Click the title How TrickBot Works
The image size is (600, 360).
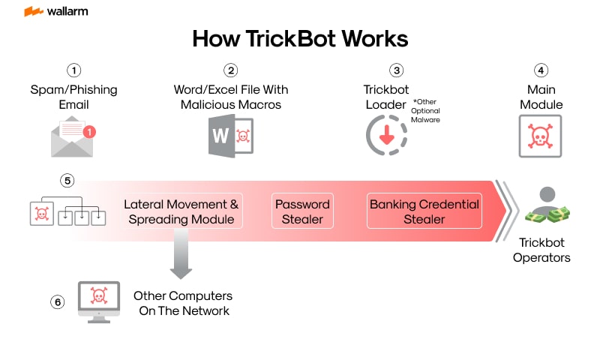tap(300, 39)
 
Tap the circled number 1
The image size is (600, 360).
tap(73, 70)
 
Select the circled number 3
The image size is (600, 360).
tap(396, 70)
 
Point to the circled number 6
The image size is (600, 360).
tap(58, 302)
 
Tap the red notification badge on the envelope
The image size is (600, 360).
tap(89, 132)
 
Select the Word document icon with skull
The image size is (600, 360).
tap(230, 137)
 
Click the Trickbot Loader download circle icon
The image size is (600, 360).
tap(386, 136)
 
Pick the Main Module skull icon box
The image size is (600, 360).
tap(541, 136)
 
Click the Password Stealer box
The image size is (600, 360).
tap(301, 211)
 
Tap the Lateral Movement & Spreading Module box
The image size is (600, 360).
tap(181, 211)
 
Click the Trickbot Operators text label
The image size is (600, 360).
tap(541, 250)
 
